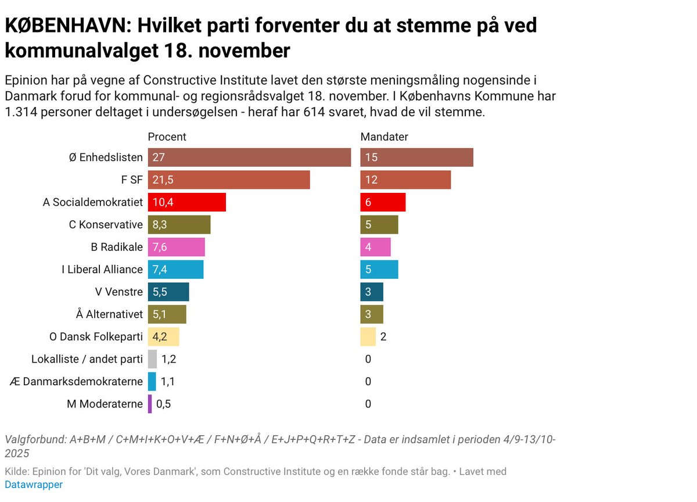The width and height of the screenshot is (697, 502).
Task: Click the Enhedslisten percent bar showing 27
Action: pyautogui.click(x=249, y=157)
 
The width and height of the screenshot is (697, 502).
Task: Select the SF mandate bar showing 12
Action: pyautogui.click(x=405, y=180)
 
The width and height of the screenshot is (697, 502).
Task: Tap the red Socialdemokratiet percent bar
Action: pyautogui.click(x=186, y=202)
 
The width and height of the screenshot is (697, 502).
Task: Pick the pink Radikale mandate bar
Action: pyautogui.click(x=375, y=247)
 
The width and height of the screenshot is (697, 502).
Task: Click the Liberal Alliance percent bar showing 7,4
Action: pyautogui.click(x=175, y=270)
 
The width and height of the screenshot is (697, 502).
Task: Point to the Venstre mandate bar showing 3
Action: pyautogui.click(x=372, y=292)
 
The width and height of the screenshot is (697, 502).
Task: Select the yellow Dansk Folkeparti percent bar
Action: pyautogui.click(x=163, y=336)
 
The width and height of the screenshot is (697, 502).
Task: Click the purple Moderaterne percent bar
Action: pyautogui.click(x=150, y=404)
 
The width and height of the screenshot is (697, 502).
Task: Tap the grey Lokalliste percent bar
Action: pyautogui.click(x=152, y=359)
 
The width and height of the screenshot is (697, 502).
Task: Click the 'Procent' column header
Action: pyautogui.click(x=167, y=137)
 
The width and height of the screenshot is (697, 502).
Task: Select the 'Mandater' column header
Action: pyautogui.click(x=384, y=137)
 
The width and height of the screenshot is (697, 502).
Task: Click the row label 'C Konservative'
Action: pyautogui.click(x=106, y=225)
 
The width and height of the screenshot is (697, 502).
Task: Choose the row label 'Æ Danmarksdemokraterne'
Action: pyautogui.click(x=77, y=382)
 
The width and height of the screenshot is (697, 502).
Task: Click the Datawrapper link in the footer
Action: pyautogui.click(x=34, y=485)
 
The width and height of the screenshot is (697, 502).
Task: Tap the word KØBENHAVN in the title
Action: pyautogui.click(x=64, y=26)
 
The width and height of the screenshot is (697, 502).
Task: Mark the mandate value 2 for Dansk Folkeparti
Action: pyautogui.click(x=383, y=336)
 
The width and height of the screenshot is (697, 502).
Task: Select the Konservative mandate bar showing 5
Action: pyautogui.click(x=379, y=225)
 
